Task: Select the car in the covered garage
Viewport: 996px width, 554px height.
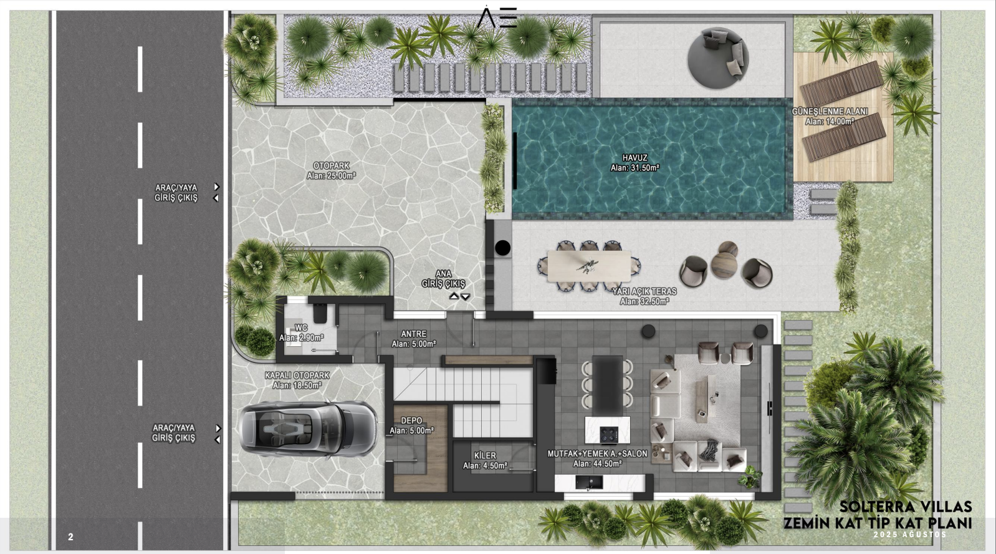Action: [x=308, y=429]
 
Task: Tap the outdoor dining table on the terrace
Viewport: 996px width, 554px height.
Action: [x=589, y=266]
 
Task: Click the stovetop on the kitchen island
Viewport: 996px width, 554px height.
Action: [x=609, y=434]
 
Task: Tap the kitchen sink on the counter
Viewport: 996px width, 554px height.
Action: [x=589, y=482]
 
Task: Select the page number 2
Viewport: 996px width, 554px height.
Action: [x=70, y=537]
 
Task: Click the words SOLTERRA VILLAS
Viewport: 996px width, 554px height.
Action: [x=905, y=507]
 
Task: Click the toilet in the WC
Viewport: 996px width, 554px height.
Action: [x=320, y=313]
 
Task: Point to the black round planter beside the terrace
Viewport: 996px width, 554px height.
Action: [x=502, y=248]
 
